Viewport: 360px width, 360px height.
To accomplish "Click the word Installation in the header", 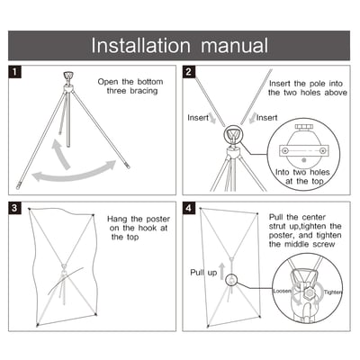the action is (140, 46).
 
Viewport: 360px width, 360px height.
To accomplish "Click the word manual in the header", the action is (235, 46).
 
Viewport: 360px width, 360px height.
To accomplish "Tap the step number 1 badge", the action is (15, 72).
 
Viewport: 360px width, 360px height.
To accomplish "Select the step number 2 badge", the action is (189, 72).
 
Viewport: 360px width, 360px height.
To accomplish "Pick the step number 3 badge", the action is (15, 208).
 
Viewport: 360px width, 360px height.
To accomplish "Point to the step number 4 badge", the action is (189, 208).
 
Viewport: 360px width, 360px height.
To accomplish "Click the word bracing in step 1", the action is (144, 91).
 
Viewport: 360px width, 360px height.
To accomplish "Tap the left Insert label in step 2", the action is (198, 118).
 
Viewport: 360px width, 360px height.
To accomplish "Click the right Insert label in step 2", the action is (267, 118).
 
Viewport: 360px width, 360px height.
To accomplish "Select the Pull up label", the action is (203, 273).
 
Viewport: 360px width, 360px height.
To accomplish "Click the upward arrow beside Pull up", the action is (221, 271).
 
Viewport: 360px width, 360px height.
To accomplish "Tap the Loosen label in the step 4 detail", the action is (282, 291).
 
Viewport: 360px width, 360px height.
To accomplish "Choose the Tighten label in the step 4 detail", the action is (333, 292).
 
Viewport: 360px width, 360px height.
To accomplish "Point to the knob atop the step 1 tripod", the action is (68, 75).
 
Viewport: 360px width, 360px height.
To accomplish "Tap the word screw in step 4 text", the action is (324, 244).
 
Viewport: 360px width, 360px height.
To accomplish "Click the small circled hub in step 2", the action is (232, 135).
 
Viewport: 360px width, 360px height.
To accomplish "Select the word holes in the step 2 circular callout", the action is (319, 172).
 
